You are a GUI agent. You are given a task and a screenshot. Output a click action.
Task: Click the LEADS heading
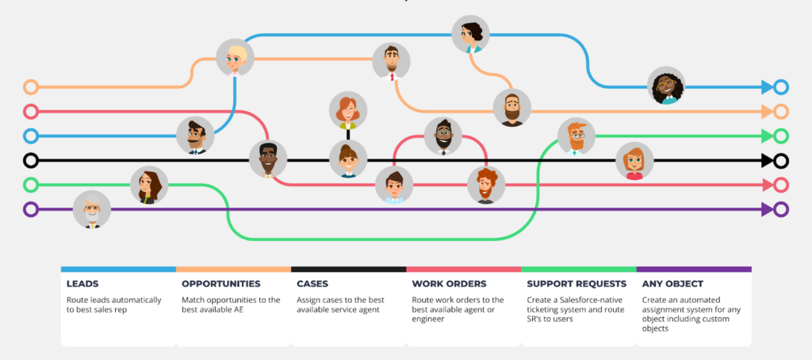click(x=84, y=283)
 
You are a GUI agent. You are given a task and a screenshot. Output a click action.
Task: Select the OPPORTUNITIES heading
click(x=221, y=283)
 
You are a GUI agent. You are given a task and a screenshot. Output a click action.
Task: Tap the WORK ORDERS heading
click(x=448, y=283)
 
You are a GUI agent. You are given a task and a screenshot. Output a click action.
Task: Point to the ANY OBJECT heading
click(x=673, y=283)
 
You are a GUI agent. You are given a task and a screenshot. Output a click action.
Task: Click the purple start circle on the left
click(x=31, y=210)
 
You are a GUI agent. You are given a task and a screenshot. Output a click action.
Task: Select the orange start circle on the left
click(x=31, y=86)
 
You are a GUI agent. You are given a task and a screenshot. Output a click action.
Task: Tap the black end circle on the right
click(x=781, y=161)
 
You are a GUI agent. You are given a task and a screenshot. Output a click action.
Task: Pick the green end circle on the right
click(x=781, y=136)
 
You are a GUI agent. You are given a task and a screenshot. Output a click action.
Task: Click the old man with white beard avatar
click(x=92, y=210)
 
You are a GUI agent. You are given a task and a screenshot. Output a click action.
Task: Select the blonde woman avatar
click(x=236, y=58)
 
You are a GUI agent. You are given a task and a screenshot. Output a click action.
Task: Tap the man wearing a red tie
click(x=391, y=62)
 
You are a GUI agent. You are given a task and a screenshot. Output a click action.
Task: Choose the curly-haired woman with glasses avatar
click(x=665, y=86)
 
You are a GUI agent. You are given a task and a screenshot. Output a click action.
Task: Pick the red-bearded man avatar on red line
click(x=485, y=185)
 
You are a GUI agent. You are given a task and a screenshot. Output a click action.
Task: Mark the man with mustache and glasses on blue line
click(x=195, y=136)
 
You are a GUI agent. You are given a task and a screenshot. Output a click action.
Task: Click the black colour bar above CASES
click(x=348, y=270)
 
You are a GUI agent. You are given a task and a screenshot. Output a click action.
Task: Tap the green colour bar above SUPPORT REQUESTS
click(x=578, y=270)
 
